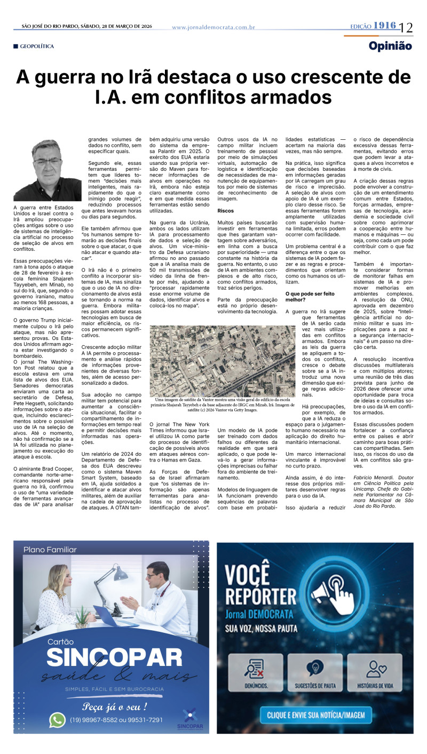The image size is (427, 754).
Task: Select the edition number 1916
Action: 384,26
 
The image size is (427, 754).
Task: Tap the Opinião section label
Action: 390,46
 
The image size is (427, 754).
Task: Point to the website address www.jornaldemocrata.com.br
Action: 213,27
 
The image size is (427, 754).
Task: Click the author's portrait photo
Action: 40,170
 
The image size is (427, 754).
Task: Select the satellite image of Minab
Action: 222,361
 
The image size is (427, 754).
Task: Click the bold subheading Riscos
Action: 226,211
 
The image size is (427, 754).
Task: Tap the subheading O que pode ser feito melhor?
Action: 310,296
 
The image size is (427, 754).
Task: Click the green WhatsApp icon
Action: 57,720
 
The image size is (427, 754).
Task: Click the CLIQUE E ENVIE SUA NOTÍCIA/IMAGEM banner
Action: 316,714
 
